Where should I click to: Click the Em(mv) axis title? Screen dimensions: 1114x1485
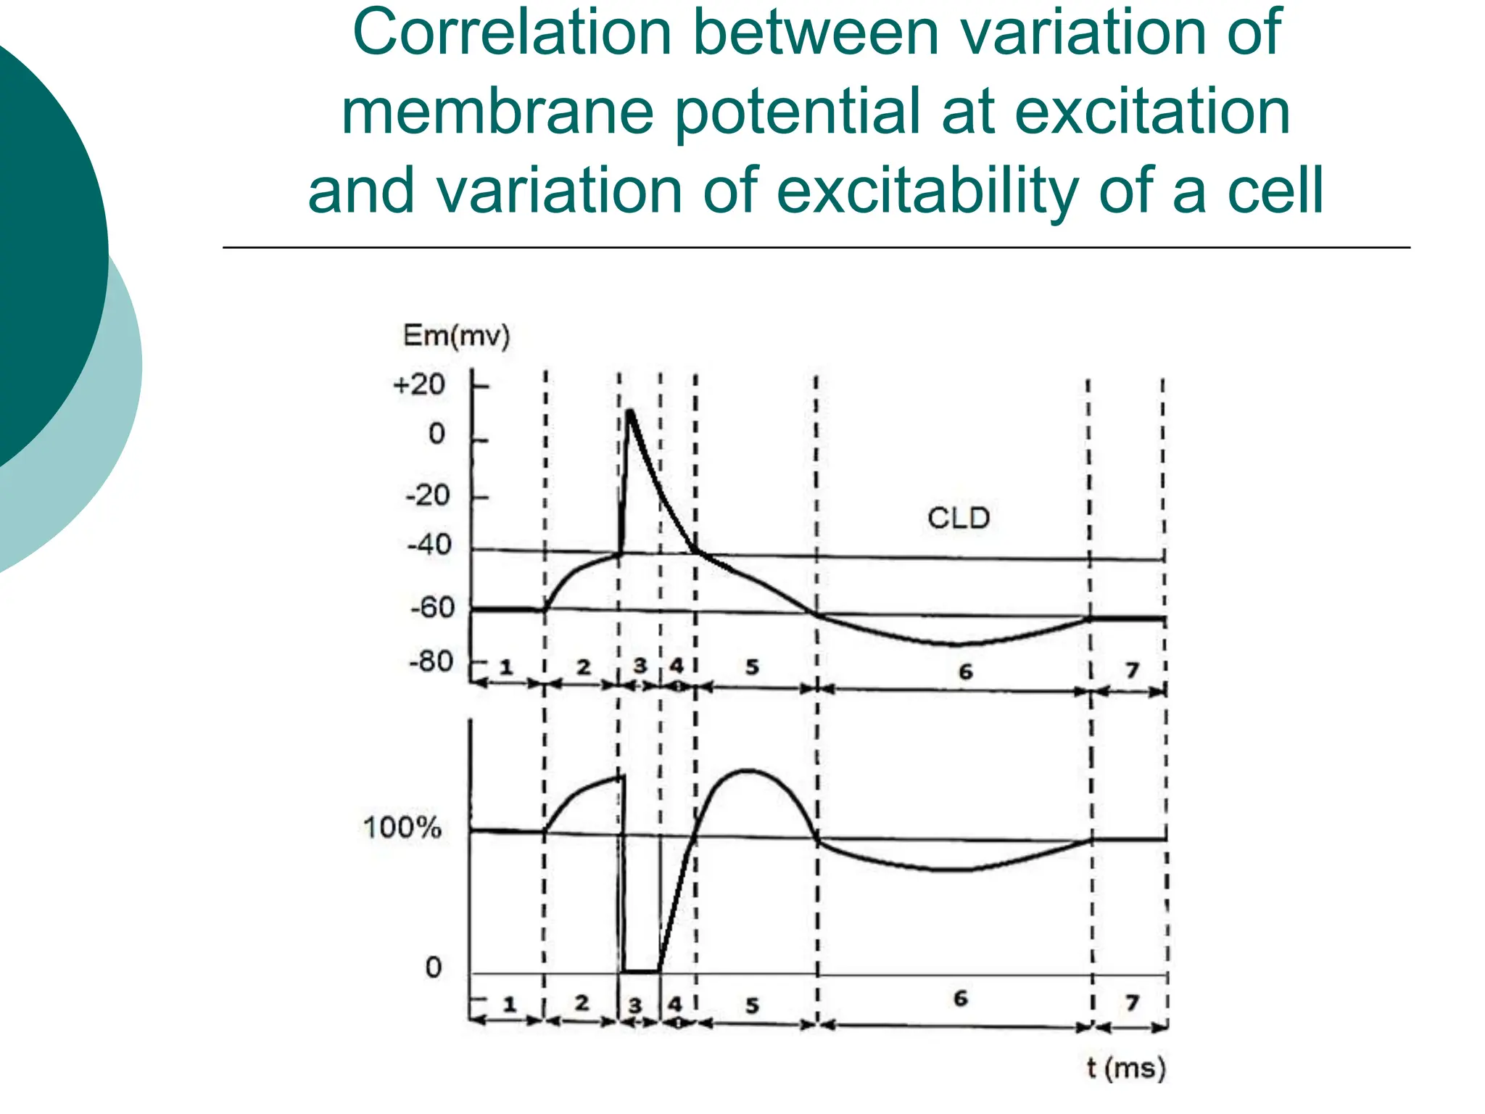point(456,336)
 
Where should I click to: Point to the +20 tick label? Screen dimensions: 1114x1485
point(418,384)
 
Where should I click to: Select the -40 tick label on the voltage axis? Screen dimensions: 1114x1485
point(429,544)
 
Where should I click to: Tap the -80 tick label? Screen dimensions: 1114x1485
point(431,661)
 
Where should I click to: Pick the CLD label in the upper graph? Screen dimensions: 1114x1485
point(958,518)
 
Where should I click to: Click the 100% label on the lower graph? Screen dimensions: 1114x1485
point(402,828)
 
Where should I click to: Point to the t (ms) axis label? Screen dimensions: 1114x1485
point(1126,1068)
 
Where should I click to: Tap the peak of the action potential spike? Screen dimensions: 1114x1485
point(630,412)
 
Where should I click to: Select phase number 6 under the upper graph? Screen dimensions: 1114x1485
point(965,672)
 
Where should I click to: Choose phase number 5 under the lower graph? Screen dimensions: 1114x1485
point(752,1005)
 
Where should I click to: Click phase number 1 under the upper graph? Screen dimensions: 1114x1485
point(506,667)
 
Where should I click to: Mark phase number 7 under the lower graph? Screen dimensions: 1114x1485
point(1132,1002)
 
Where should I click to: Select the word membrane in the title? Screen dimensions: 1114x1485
point(498,112)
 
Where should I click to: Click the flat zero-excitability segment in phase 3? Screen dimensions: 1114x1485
point(640,970)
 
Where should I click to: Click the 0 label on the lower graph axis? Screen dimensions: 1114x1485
point(433,967)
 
